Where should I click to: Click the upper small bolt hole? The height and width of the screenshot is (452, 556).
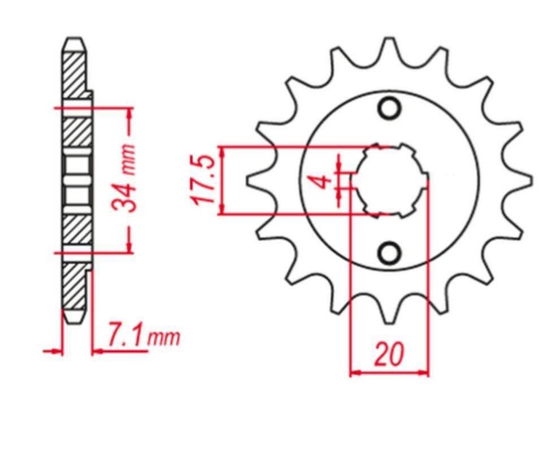(x=389, y=108)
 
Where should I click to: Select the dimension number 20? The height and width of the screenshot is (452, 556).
(x=389, y=355)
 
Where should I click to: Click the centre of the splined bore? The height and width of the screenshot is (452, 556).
(x=389, y=181)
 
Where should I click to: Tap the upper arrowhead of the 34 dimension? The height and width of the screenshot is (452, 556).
(x=130, y=111)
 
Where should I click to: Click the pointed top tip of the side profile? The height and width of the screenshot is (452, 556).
(x=75, y=40)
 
